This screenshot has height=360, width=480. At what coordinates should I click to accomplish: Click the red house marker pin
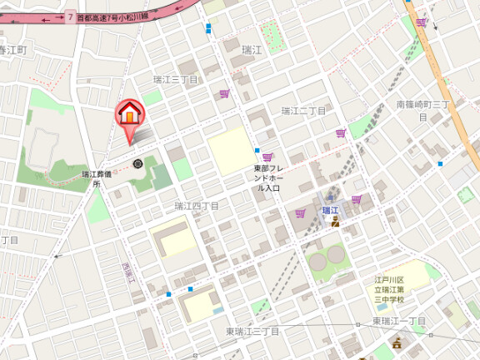tap(129, 112)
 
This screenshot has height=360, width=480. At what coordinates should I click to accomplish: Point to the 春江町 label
tap(13, 51)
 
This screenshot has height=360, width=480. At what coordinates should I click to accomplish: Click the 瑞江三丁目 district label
tap(175, 80)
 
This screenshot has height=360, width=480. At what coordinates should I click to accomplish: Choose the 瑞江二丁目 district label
tap(302, 110)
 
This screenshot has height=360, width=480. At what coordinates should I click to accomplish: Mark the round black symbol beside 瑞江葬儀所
tap(137, 163)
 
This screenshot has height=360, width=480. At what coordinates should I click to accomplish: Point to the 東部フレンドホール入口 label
tap(272, 178)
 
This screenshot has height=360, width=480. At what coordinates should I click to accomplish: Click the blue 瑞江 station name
tap(331, 210)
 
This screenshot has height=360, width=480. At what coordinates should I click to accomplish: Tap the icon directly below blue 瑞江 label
tap(335, 223)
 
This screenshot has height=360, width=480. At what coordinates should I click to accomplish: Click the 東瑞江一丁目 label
tap(399, 321)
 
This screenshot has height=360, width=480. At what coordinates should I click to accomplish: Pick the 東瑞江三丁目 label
tap(252, 332)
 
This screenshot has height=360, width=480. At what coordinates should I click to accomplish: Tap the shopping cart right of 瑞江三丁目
tap(224, 94)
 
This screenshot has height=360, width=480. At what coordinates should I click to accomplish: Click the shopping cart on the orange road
tap(422, 22)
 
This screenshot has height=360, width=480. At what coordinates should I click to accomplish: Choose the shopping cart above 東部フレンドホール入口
tap(267, 157)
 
